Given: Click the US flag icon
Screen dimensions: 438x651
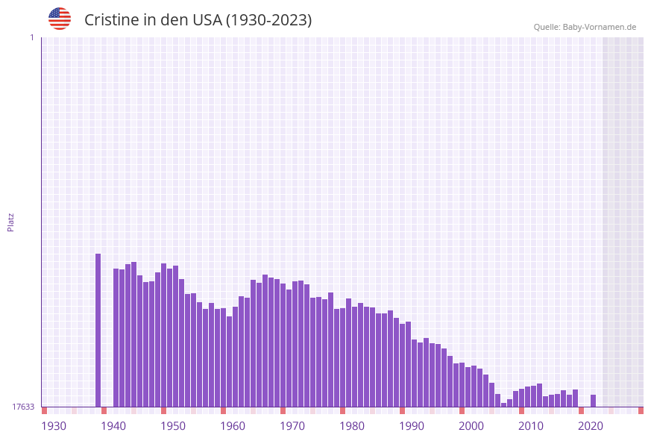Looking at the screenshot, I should pos(60,19).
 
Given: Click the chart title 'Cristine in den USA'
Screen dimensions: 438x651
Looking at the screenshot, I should pos(198,20).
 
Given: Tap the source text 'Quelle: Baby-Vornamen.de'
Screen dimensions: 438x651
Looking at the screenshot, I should pos(585,27).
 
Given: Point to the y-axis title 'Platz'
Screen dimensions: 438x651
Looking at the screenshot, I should pos(11,222).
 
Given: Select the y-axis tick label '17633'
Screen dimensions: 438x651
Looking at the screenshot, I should pos(23,407).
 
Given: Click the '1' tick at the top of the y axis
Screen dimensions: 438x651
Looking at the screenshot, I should pos(31,37).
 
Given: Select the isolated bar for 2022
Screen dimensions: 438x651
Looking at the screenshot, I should pos(593,401).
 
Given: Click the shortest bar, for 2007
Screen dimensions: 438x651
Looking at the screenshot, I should pos(503,404).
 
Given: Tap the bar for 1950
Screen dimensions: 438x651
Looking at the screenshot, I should pos(163,335).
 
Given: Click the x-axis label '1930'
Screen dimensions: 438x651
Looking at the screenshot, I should pos(54,426).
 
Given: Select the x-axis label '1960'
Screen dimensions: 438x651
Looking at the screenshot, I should pos(233,426).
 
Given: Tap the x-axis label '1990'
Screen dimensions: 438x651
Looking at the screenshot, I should pos(412,426).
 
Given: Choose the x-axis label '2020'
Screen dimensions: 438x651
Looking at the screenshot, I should pos(591,426).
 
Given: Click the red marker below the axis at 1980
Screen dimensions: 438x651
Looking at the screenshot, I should pos(342,410).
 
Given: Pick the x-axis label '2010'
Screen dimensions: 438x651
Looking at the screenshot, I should pos(531,426).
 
